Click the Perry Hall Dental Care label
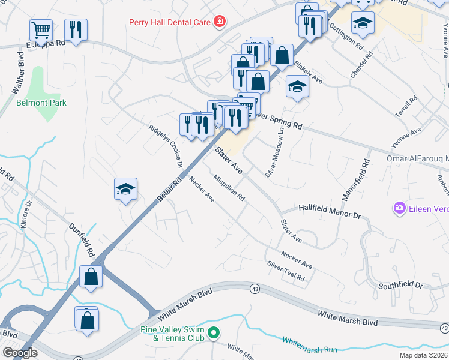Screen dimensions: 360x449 coord(169,22)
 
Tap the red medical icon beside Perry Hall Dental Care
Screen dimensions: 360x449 coord(220,22)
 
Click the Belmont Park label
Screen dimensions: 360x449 coord(41,103)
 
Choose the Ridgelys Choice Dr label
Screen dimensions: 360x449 coord(165,145)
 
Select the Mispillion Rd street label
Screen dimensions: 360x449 coord(229,188)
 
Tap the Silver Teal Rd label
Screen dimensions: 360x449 coord(286,272)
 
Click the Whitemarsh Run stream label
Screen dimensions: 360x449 coord(310,345)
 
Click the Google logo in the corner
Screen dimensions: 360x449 coord(20,353)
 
